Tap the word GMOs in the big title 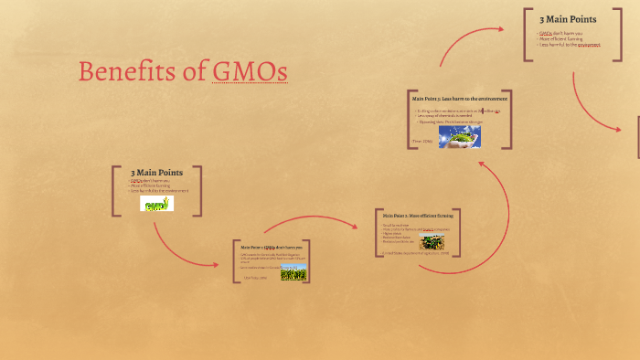coord(250,71)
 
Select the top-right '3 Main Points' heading coord(568,19)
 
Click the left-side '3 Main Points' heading coord(156,172)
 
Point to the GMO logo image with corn coord(156,203)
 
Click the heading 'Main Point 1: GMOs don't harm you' coord(271,248)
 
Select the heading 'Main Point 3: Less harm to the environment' coord(459,98)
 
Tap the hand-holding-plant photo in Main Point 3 coord(459,136)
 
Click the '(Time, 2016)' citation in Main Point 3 coord(421,142)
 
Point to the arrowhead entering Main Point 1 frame coord(216,265)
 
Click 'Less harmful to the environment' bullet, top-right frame coord(570,45)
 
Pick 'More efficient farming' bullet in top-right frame coord(560,39)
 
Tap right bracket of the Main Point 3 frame coord(509,119)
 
